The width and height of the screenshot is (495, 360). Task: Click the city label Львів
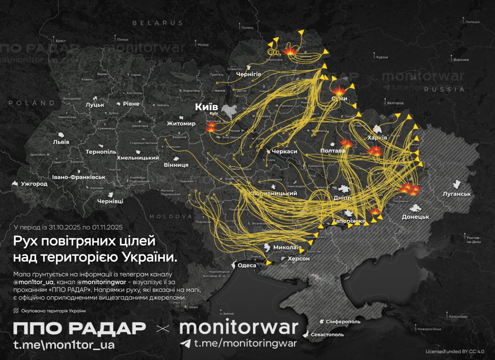(61, 142)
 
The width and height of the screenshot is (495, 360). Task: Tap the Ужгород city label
(34, 184)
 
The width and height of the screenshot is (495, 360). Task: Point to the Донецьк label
(415, 217)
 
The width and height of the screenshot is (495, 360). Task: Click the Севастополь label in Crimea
(327, 334)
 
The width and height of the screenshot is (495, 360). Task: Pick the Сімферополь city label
(343, 321)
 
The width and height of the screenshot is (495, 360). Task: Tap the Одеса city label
(247, 265)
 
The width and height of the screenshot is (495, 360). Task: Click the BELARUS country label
(158, 23)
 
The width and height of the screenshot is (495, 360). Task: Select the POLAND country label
(32, 103)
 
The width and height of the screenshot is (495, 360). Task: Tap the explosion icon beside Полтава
(346, 143)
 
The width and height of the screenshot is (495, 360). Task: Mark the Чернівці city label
(110, 201)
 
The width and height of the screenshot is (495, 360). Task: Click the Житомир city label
(181, 123)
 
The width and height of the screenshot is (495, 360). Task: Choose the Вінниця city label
(176, 165)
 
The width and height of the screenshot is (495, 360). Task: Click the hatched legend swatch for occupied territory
(16, 311)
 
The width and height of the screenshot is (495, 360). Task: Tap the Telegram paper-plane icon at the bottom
(185, 343)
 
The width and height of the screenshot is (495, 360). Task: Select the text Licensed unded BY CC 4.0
(455, 351)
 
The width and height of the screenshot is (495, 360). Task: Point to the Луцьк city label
(95, 104)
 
